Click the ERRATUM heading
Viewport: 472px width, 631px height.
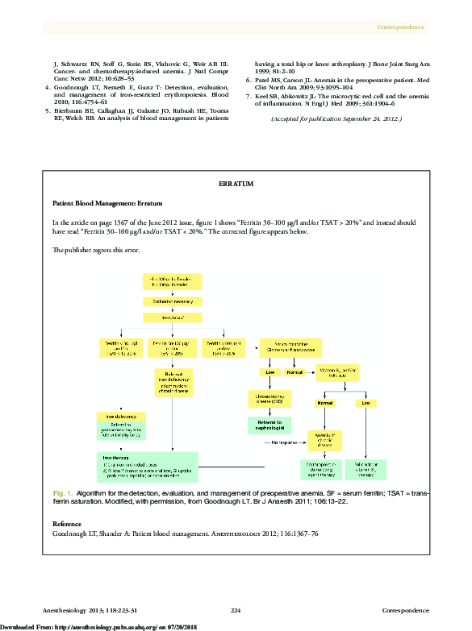pyautogui.click(x=236, y=185)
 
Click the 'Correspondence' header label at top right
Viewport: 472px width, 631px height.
pyautogui.click(x=401, y=27)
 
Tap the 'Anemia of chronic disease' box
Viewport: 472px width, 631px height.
pyautogui.click(x=324, y=440)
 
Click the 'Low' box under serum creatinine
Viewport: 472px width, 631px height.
pyautogui.click(x=269, y=373)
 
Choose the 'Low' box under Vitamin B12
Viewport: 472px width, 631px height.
pyautogui.click(x=366, y=403)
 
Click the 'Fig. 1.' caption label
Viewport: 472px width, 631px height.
pyautogui.click(x=63, y=492)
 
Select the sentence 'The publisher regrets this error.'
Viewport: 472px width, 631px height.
pyautogui.click(x=96, y=250)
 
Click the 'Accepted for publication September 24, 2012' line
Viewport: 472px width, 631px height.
pyautogui.click(x=336, y=118)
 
